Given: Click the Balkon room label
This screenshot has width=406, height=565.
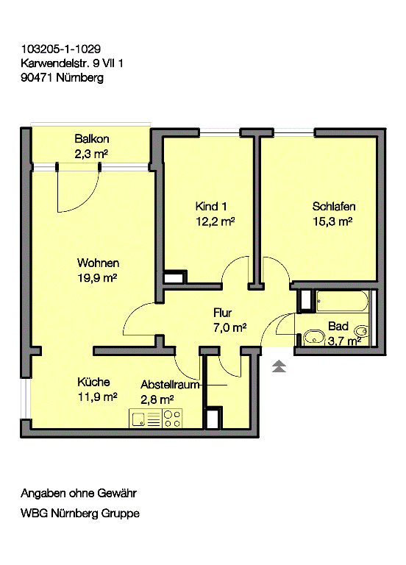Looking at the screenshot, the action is point(92,139).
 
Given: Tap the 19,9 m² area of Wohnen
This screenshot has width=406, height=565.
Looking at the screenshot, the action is point(97,278).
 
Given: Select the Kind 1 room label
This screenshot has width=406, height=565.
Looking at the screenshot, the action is point(211,207).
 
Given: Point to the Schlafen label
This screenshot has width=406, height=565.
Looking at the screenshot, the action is point(334,207).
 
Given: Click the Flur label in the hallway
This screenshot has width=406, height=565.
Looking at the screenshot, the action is point(222,313).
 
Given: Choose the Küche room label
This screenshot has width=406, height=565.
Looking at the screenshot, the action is point(93,382).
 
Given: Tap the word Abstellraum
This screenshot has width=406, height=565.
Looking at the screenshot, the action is point(170,385).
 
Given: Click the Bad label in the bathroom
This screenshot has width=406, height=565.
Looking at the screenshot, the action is point(338,326).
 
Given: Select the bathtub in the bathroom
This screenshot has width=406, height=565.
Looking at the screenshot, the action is point(342,301).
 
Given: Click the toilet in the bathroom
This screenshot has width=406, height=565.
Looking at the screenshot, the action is point(361,331).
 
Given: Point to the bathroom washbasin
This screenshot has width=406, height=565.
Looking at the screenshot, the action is point(314,338).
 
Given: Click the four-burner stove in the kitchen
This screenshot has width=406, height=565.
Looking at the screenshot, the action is point(172,419).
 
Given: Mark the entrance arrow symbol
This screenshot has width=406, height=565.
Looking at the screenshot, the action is point(279,366).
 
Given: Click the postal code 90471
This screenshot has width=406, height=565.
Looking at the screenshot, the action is point(37,77).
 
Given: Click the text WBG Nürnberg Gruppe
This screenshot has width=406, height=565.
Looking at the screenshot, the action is point(80,513).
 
